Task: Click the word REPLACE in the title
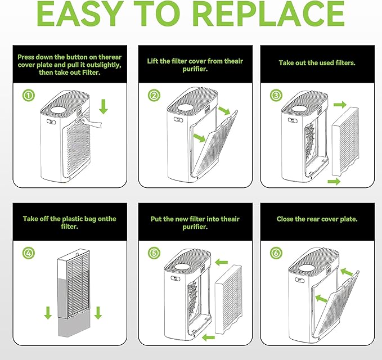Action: [270, 13]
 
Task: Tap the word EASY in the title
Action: [80, 13]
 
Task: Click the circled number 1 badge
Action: [29, 95]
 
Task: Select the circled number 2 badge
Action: [154, 95]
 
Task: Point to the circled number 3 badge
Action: [276, 95]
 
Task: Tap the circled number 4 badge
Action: [29, 253]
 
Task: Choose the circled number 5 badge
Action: [154, 253]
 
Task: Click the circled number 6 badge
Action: [276, 253]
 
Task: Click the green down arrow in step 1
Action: [104, 106]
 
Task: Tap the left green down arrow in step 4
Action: [48, 313]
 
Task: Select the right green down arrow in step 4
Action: [98, 313]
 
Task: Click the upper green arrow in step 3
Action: [340, 105]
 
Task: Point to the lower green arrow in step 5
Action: [209, 337]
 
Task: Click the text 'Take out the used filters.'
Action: [317, 63]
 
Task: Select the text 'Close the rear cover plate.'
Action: [317, 219]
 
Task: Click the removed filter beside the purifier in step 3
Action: [345, 141]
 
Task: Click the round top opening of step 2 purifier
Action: [186, 107]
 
